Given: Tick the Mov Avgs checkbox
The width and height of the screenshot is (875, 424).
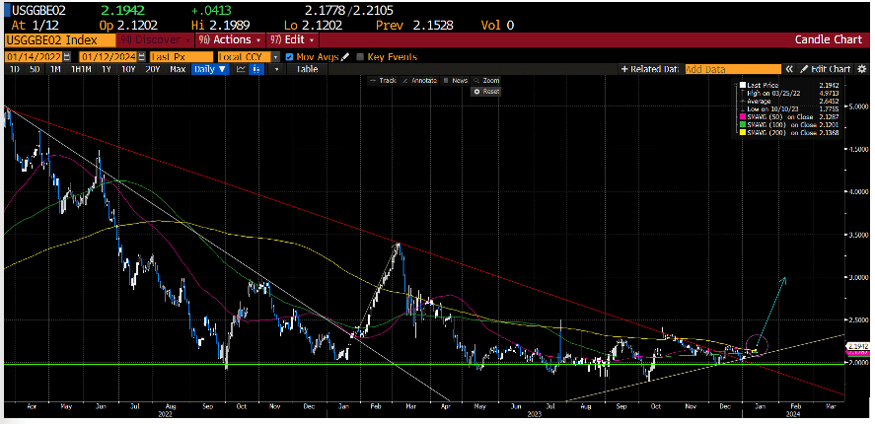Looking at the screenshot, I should click(x=289, y=56).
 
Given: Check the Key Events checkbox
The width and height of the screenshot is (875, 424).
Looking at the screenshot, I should click(x=360, y=56).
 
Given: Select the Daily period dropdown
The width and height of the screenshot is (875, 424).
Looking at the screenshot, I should click(x=207, y=70).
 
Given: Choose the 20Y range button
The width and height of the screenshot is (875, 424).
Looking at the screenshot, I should click(x=152, y=70).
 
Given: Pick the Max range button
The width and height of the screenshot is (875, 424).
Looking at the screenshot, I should click(x=178, y=70).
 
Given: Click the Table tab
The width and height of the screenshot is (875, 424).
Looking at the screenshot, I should click(x=307, y=70).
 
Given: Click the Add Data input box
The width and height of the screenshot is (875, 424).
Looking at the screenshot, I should click(x=732, y=70).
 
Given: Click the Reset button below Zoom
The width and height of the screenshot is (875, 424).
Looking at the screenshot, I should click(x=489, y=91).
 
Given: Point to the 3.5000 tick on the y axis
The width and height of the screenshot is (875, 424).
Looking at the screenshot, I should click(x=855, y=236).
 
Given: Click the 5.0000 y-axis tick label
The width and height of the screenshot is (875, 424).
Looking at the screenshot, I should click(x=855, y=105).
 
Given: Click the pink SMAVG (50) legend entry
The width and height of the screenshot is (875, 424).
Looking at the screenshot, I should click(x=778, y=116).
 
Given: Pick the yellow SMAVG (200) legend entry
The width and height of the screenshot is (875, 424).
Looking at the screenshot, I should click(x=778, y=131).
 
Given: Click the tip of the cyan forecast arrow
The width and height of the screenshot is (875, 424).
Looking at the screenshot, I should click(x=785, y=279).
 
